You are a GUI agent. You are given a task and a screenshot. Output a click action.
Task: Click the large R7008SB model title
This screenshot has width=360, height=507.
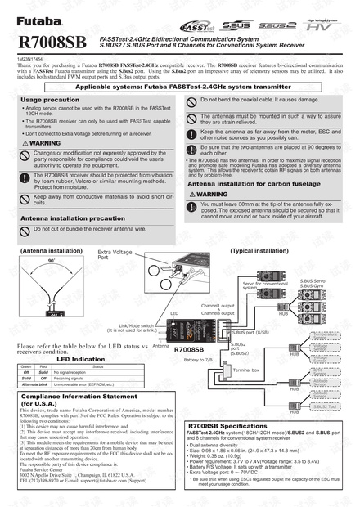[51, 41]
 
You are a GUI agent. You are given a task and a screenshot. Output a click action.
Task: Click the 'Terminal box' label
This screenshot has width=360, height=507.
[246, 370]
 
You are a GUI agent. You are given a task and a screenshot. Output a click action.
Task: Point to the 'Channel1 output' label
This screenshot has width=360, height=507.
[217, 306]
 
